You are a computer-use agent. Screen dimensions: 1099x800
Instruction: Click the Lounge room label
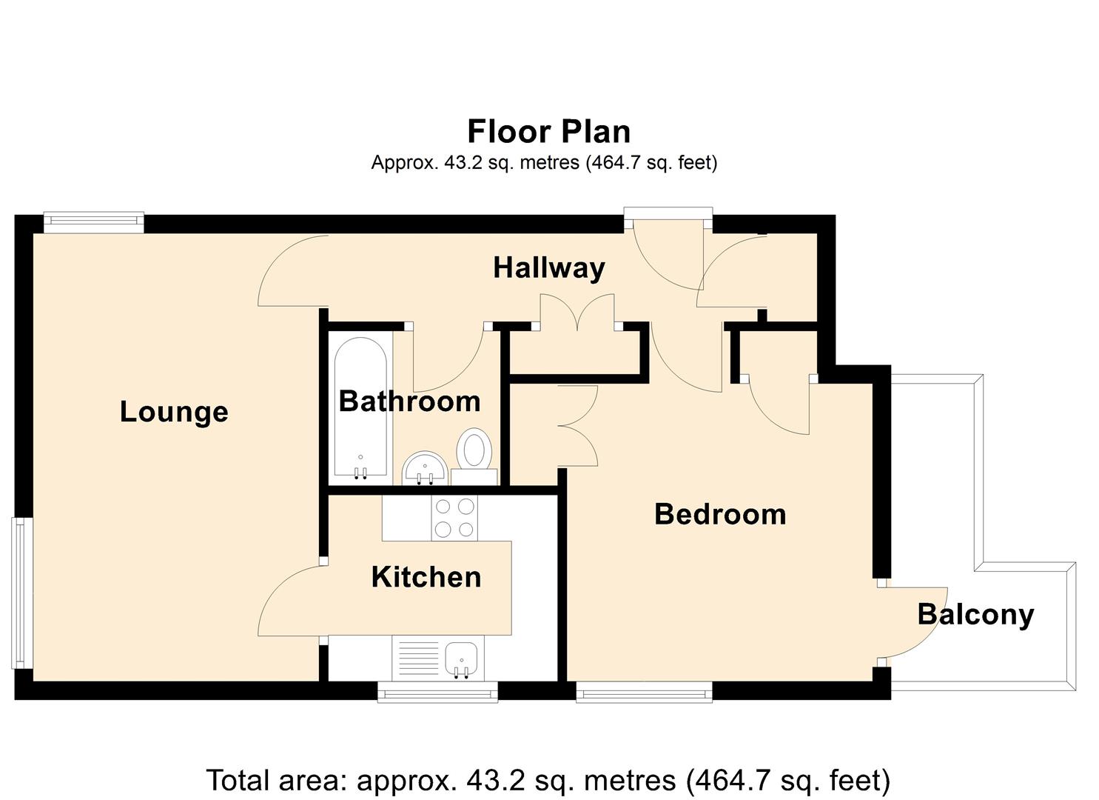174,412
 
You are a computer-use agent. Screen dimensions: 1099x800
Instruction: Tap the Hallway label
549,268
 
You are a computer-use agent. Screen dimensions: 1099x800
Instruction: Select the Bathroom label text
410,401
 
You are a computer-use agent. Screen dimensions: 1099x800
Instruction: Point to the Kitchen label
426,577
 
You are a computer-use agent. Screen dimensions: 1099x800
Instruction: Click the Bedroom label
720,514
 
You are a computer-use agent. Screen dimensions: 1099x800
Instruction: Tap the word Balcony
976,615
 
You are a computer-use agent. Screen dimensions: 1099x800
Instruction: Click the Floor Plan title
549,131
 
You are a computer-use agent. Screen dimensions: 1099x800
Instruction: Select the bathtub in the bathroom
360,407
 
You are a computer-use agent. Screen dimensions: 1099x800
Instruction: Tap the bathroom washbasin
424,467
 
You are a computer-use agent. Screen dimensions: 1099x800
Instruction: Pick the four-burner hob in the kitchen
454,518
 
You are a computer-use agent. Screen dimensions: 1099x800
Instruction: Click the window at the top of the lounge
94,222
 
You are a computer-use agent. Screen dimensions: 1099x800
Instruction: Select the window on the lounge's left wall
21,593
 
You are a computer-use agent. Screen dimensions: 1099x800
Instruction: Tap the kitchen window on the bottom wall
437,692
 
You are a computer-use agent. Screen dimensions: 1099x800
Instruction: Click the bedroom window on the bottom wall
644,692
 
